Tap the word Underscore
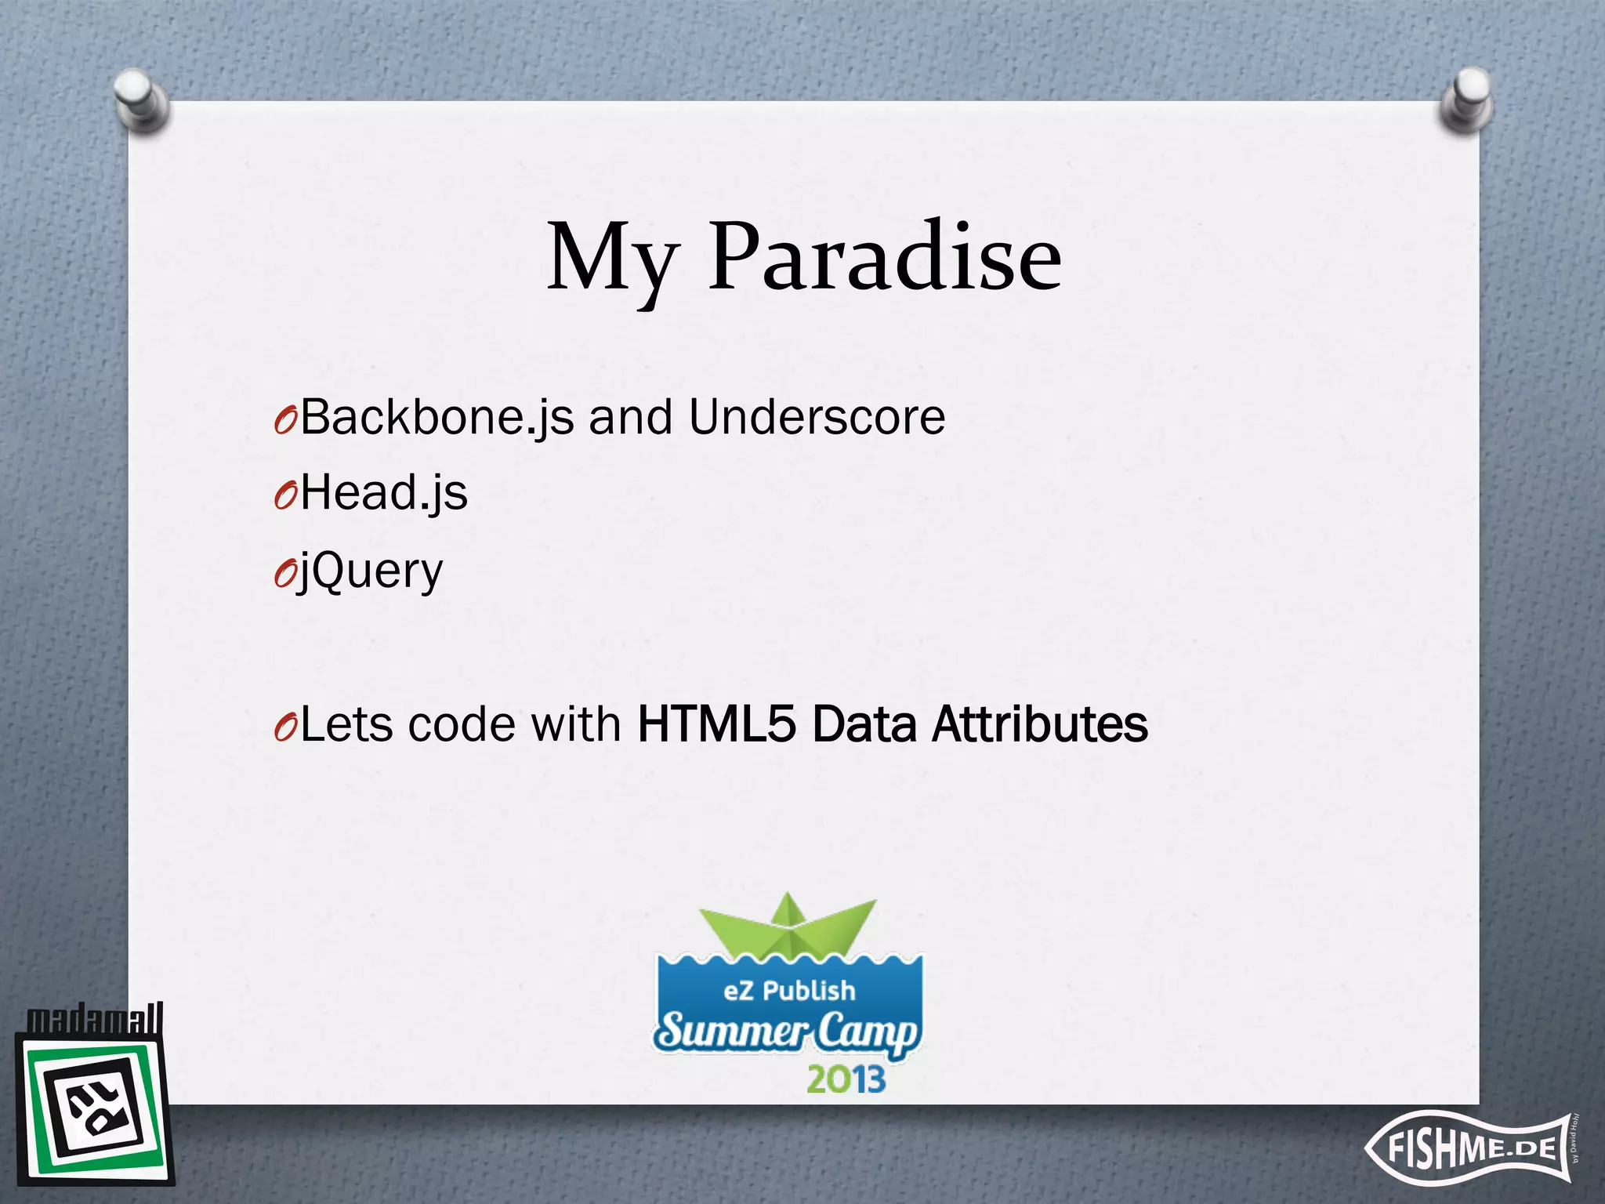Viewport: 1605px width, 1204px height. point(817,417)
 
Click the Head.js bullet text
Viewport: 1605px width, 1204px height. point(384,494)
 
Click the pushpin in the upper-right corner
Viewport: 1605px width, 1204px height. point(1467,99)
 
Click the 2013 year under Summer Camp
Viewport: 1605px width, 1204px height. point(846,1080)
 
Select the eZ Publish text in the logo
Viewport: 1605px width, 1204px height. point(789,991)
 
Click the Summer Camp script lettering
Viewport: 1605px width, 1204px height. point(787,1032)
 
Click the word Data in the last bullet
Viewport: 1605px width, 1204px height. point(864,723)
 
